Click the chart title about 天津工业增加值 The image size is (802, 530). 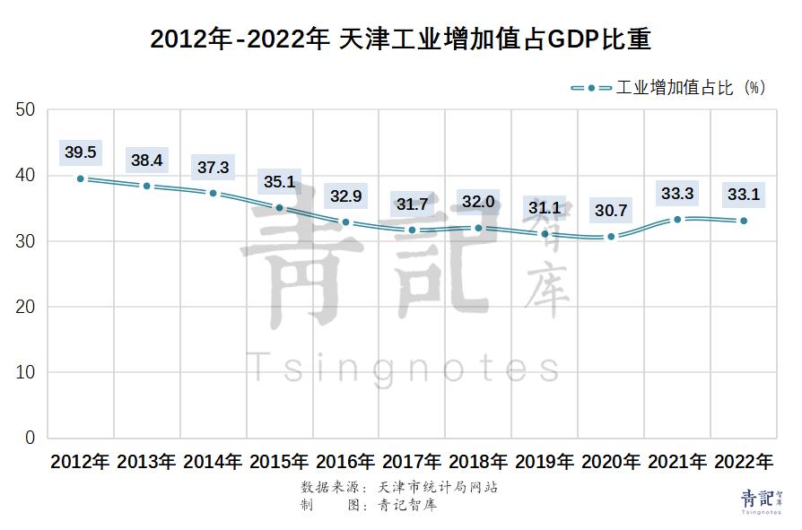400,40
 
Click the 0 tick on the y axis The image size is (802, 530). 30,438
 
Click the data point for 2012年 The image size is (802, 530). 81,178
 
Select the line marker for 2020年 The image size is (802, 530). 611,237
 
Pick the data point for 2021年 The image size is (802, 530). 677,220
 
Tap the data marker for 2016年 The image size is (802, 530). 345,222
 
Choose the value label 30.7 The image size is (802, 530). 611,212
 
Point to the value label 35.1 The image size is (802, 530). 279,182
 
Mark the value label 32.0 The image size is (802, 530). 478,202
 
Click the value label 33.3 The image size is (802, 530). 677,193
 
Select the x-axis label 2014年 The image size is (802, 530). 213,463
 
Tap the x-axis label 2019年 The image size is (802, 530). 545,463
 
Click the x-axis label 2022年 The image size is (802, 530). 744,463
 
